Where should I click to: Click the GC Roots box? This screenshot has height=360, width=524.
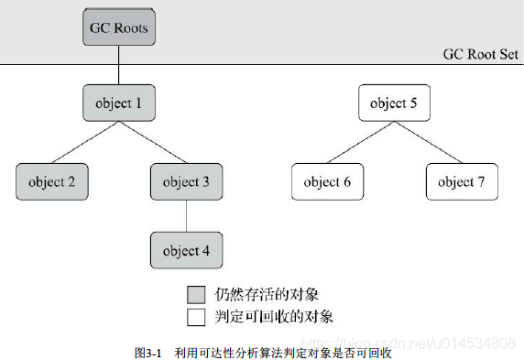click(118, 28)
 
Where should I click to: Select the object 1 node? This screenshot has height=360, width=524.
click(119, 104)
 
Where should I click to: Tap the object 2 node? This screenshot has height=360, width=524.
click(51, 181)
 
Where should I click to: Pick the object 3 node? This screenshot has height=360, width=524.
click(186, 181)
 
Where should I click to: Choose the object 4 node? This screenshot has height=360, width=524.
click(186, 250)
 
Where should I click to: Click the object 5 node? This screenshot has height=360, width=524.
click(394, 104)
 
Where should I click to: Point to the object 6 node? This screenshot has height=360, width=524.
click(327, 181)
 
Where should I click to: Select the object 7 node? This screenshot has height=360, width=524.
click(462, 181)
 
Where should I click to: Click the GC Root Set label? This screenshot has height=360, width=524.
click(481, 54)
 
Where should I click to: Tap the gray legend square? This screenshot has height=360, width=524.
click(194, 295)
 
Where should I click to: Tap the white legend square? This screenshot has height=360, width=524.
click(194, 317)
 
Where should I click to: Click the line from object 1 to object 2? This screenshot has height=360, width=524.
click(85, 142)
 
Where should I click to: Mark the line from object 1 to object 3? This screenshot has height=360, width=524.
click(152, 142)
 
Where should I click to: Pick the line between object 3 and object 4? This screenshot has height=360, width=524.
click(186, 216)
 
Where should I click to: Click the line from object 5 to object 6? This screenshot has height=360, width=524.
click(360, 142)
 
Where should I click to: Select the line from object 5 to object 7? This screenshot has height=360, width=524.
click(428, 142)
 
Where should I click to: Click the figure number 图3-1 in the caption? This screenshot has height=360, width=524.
click(147, 350)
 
